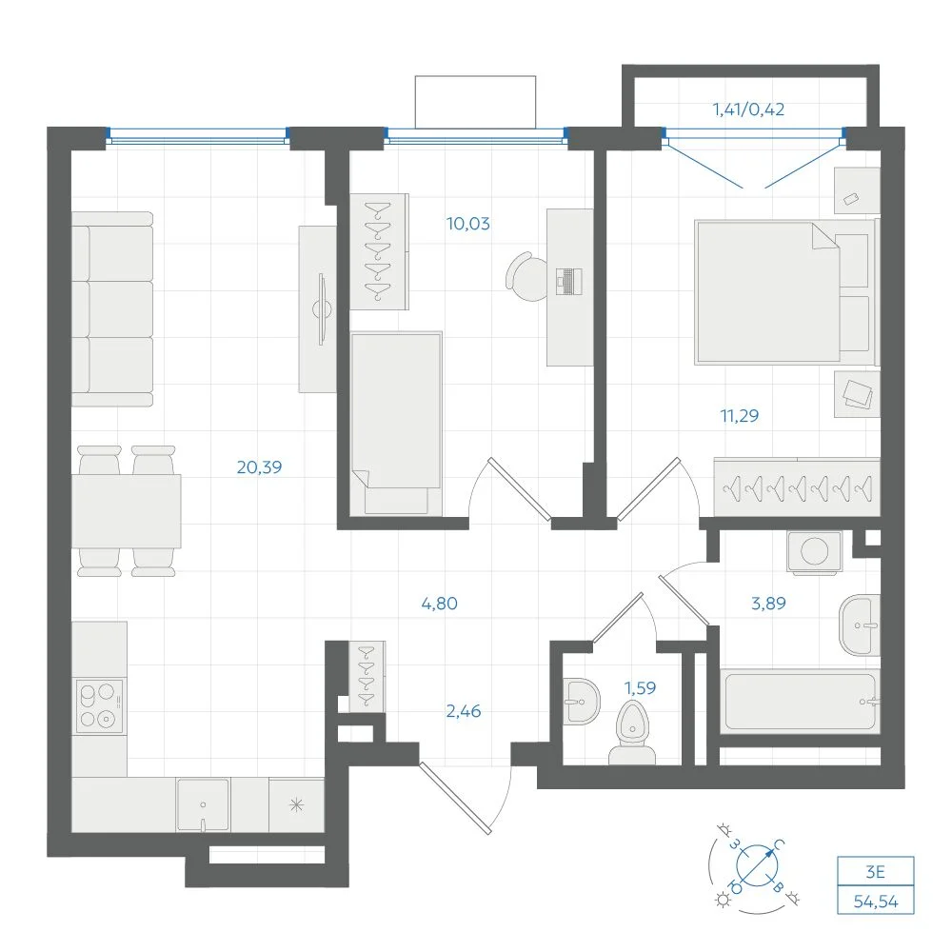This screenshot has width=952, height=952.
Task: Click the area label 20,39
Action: [x=259, y=466]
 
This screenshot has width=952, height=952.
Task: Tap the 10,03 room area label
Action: [x=468, y=224]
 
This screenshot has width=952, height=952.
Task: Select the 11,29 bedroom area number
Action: [x=740, y=415]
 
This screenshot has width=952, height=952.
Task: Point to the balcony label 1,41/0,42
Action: [x=748, y=109]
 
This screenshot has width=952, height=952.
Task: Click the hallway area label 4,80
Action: [x=440, y=604]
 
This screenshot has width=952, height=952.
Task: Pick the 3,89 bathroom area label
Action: [x=768, y=603]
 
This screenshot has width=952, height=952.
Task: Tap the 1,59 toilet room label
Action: [x=641, y=688]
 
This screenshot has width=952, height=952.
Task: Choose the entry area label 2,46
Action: [x=464, y=710]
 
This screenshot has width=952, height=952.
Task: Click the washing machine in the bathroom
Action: [x=814, y=552]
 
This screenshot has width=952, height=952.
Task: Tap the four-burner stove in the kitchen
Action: [x=99, y=706]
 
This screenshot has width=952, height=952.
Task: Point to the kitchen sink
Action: [x=203, y=805]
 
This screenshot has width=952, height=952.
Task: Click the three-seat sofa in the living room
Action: [x=112, y=309]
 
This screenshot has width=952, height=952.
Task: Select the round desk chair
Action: [x=527, y=277]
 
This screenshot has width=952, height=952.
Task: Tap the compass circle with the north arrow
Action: [x=757, y=864]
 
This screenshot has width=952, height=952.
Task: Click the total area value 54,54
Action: [x=876, y=902]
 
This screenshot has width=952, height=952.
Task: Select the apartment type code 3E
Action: [x=876, y=872]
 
